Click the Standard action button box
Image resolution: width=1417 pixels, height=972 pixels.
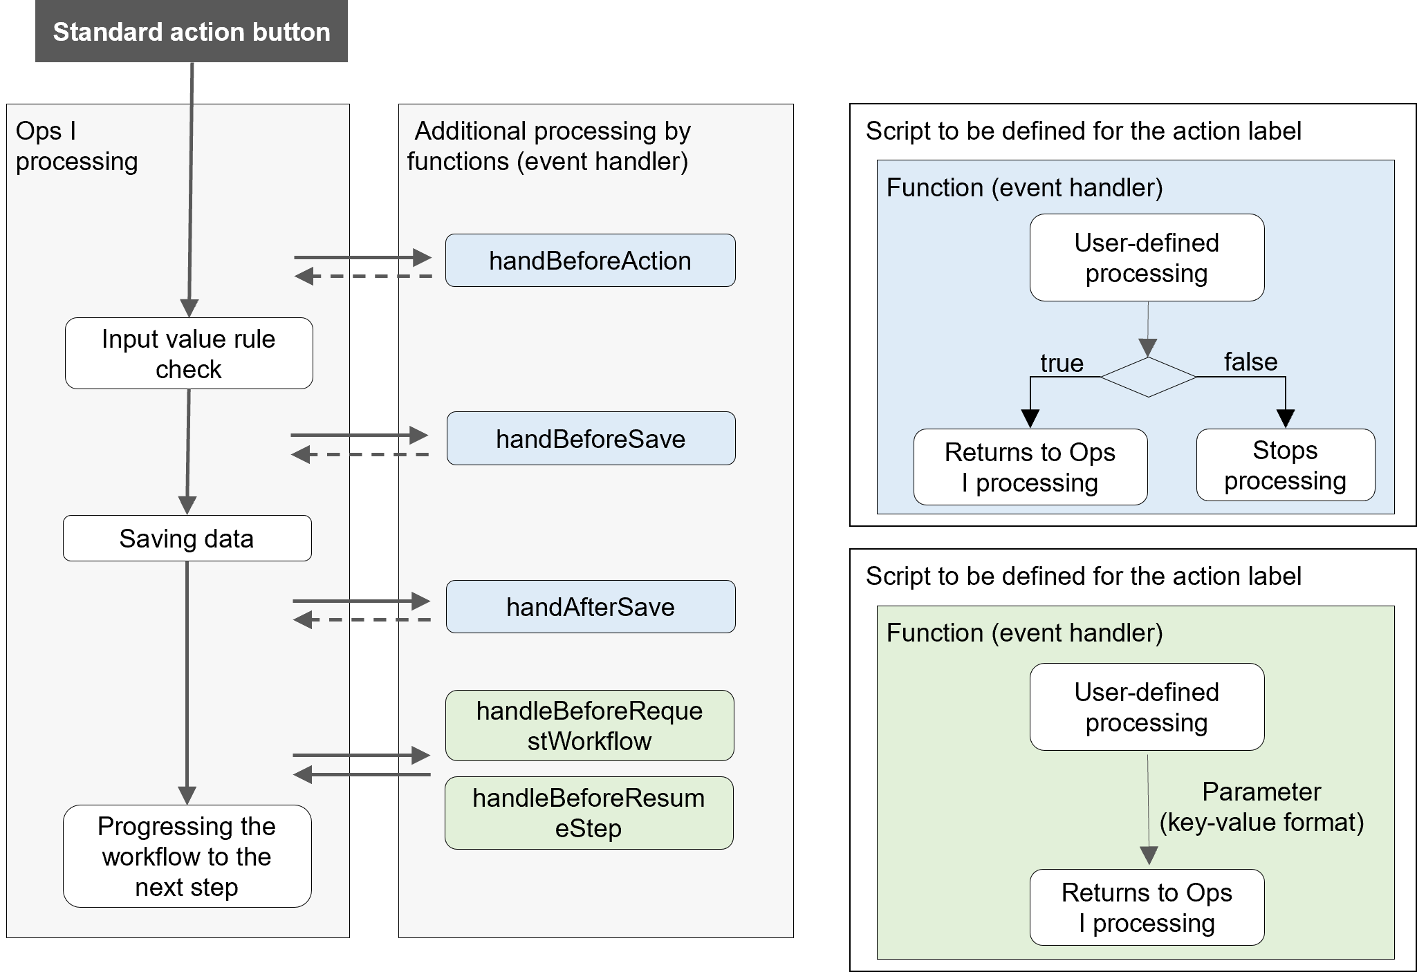pos(192,32)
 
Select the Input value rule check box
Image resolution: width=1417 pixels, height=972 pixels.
pos(189,353)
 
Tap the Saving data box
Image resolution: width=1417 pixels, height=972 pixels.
pos(187,539)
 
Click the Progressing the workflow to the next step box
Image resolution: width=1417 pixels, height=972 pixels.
pos(187,856)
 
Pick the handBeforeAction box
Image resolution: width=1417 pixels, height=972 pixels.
pos(590,261)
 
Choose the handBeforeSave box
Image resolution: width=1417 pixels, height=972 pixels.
pos(591,439)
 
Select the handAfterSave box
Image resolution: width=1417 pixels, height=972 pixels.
pos(590,607)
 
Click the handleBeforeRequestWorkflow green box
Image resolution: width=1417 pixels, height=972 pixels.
pos(589,726)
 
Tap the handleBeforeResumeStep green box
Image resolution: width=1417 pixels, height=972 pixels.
pos(589,813)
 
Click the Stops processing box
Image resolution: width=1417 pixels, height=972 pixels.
pos(1285,465)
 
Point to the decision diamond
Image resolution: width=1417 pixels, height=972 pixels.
pos(1148,377)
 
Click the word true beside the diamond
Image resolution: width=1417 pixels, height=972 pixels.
pos(1062,363)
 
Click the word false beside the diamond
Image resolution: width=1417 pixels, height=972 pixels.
pos(1250,362)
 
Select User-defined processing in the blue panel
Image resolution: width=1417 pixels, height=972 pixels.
pos(1147,258)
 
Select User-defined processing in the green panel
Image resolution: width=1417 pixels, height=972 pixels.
pos(1147,707)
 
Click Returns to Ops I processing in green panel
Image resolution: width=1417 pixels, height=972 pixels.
pos(1147,907)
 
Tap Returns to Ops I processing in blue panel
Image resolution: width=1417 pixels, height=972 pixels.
pos(1030,467)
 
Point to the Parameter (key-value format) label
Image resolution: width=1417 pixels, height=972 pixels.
pos(1261,807)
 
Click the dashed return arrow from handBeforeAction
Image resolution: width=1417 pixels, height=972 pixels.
pos(363,277)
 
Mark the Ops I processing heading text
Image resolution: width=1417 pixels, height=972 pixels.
pos(76,146)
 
